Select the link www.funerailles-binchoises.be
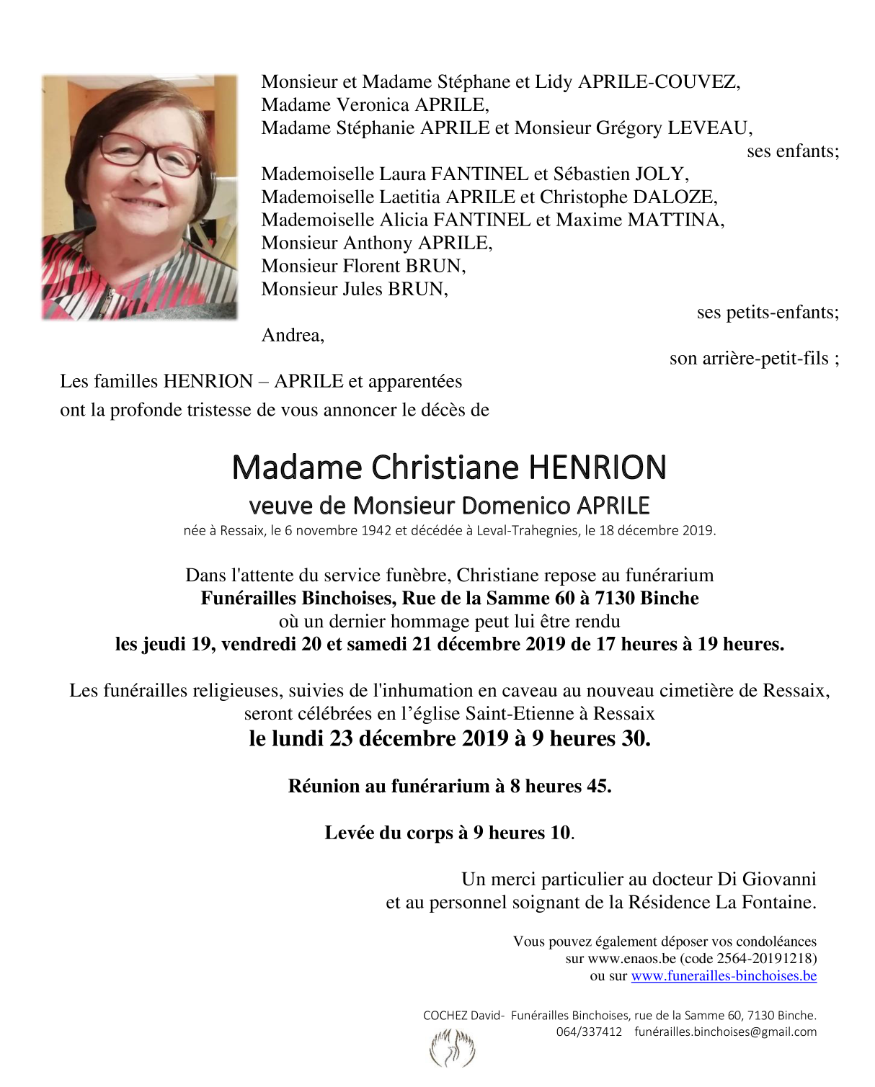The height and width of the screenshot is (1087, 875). [724, 976]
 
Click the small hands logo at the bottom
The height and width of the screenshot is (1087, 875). [452, 1049]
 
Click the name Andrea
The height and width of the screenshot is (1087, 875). [293, 336]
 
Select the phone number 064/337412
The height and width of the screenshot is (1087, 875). [589, 1032]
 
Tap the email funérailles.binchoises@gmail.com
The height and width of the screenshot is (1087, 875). [725, 1032]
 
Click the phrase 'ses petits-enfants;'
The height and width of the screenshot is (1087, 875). [768, 313]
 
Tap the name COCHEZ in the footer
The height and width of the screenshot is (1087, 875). [445, 1016]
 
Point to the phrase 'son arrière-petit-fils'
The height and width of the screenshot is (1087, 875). [749, 359]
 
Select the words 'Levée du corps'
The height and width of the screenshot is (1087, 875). [388, 833]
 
